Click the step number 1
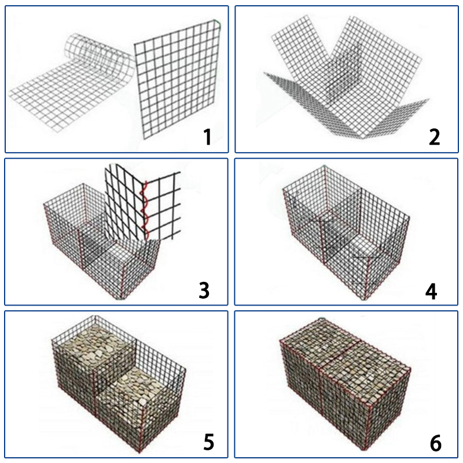208,137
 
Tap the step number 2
435,137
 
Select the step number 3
204,291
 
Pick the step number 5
209,442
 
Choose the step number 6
436,443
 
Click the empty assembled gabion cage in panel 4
346,233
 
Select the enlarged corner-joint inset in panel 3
142,201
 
